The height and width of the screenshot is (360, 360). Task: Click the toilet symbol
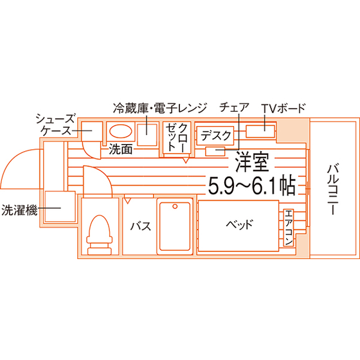(x=99, y=235)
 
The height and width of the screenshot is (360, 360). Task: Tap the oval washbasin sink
(x=121, y=131)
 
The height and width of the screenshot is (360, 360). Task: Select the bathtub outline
(x=175, y=226)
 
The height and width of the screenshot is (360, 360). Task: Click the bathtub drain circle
(x=175, y=206)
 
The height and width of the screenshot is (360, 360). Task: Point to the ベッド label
(x=239, y=224)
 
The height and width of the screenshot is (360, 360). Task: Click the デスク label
(x=216, y=136)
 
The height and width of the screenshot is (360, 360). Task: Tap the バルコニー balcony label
(x=333, y=189)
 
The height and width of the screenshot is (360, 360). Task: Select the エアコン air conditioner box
(x=289, y=228)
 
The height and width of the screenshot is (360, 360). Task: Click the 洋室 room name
(x=252, y=162)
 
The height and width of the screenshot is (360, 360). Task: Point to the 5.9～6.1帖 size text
(x=251, y=185)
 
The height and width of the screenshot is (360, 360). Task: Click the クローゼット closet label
(x=177, y=138)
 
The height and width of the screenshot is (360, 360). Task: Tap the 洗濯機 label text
(x=19, y=210)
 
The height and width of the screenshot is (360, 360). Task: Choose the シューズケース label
(x=56, y=125)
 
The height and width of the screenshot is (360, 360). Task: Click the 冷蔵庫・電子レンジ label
(x=160, y=108)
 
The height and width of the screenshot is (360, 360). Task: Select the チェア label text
(x=234, y=107)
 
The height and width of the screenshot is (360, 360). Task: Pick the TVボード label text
(x=283, y=108)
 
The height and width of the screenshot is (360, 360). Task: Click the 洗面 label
(x=121, y=149)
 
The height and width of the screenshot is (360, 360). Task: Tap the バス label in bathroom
(x=141, y=226)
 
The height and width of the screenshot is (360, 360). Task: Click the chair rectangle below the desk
(x=215, y=151)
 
